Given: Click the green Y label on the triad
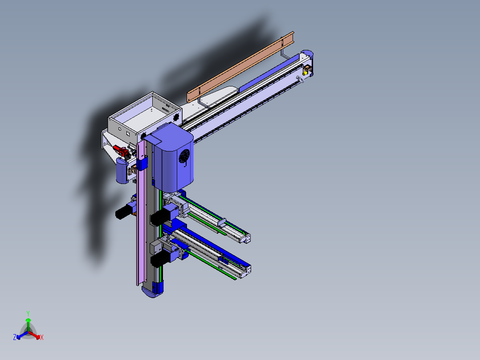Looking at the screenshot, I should click(x=28, y=313).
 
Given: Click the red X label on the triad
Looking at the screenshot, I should click(x=42, y=338).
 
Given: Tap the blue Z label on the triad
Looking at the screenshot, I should click(x=15, y=338).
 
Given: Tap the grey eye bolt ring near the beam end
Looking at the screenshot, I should click(x=301, y=79).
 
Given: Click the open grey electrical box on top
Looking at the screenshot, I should click(x=145, y=116).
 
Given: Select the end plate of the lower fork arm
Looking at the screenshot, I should click(x=245, y=271).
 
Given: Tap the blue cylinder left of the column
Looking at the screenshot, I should click(x=121, y=171).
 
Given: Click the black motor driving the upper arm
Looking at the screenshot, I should click(x=159, y=217).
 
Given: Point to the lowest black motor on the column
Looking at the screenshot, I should click(x=159, y=260).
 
